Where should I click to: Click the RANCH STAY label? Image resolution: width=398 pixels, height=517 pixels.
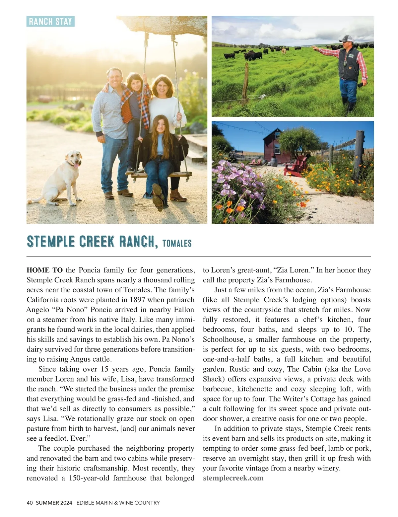[x=50, y=22]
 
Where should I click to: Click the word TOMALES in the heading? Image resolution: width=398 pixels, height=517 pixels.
[x=177, y=243]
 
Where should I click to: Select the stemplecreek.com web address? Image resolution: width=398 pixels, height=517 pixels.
[x=233, y=478]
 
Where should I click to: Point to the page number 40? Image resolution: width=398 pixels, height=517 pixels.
[x=30, y=503]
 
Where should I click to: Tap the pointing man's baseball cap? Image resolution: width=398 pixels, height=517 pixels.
[x=346, y=38]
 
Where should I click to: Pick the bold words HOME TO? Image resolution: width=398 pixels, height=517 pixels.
[x=44, y=270]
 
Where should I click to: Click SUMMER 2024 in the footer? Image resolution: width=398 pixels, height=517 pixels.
[x=54, y=503]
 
